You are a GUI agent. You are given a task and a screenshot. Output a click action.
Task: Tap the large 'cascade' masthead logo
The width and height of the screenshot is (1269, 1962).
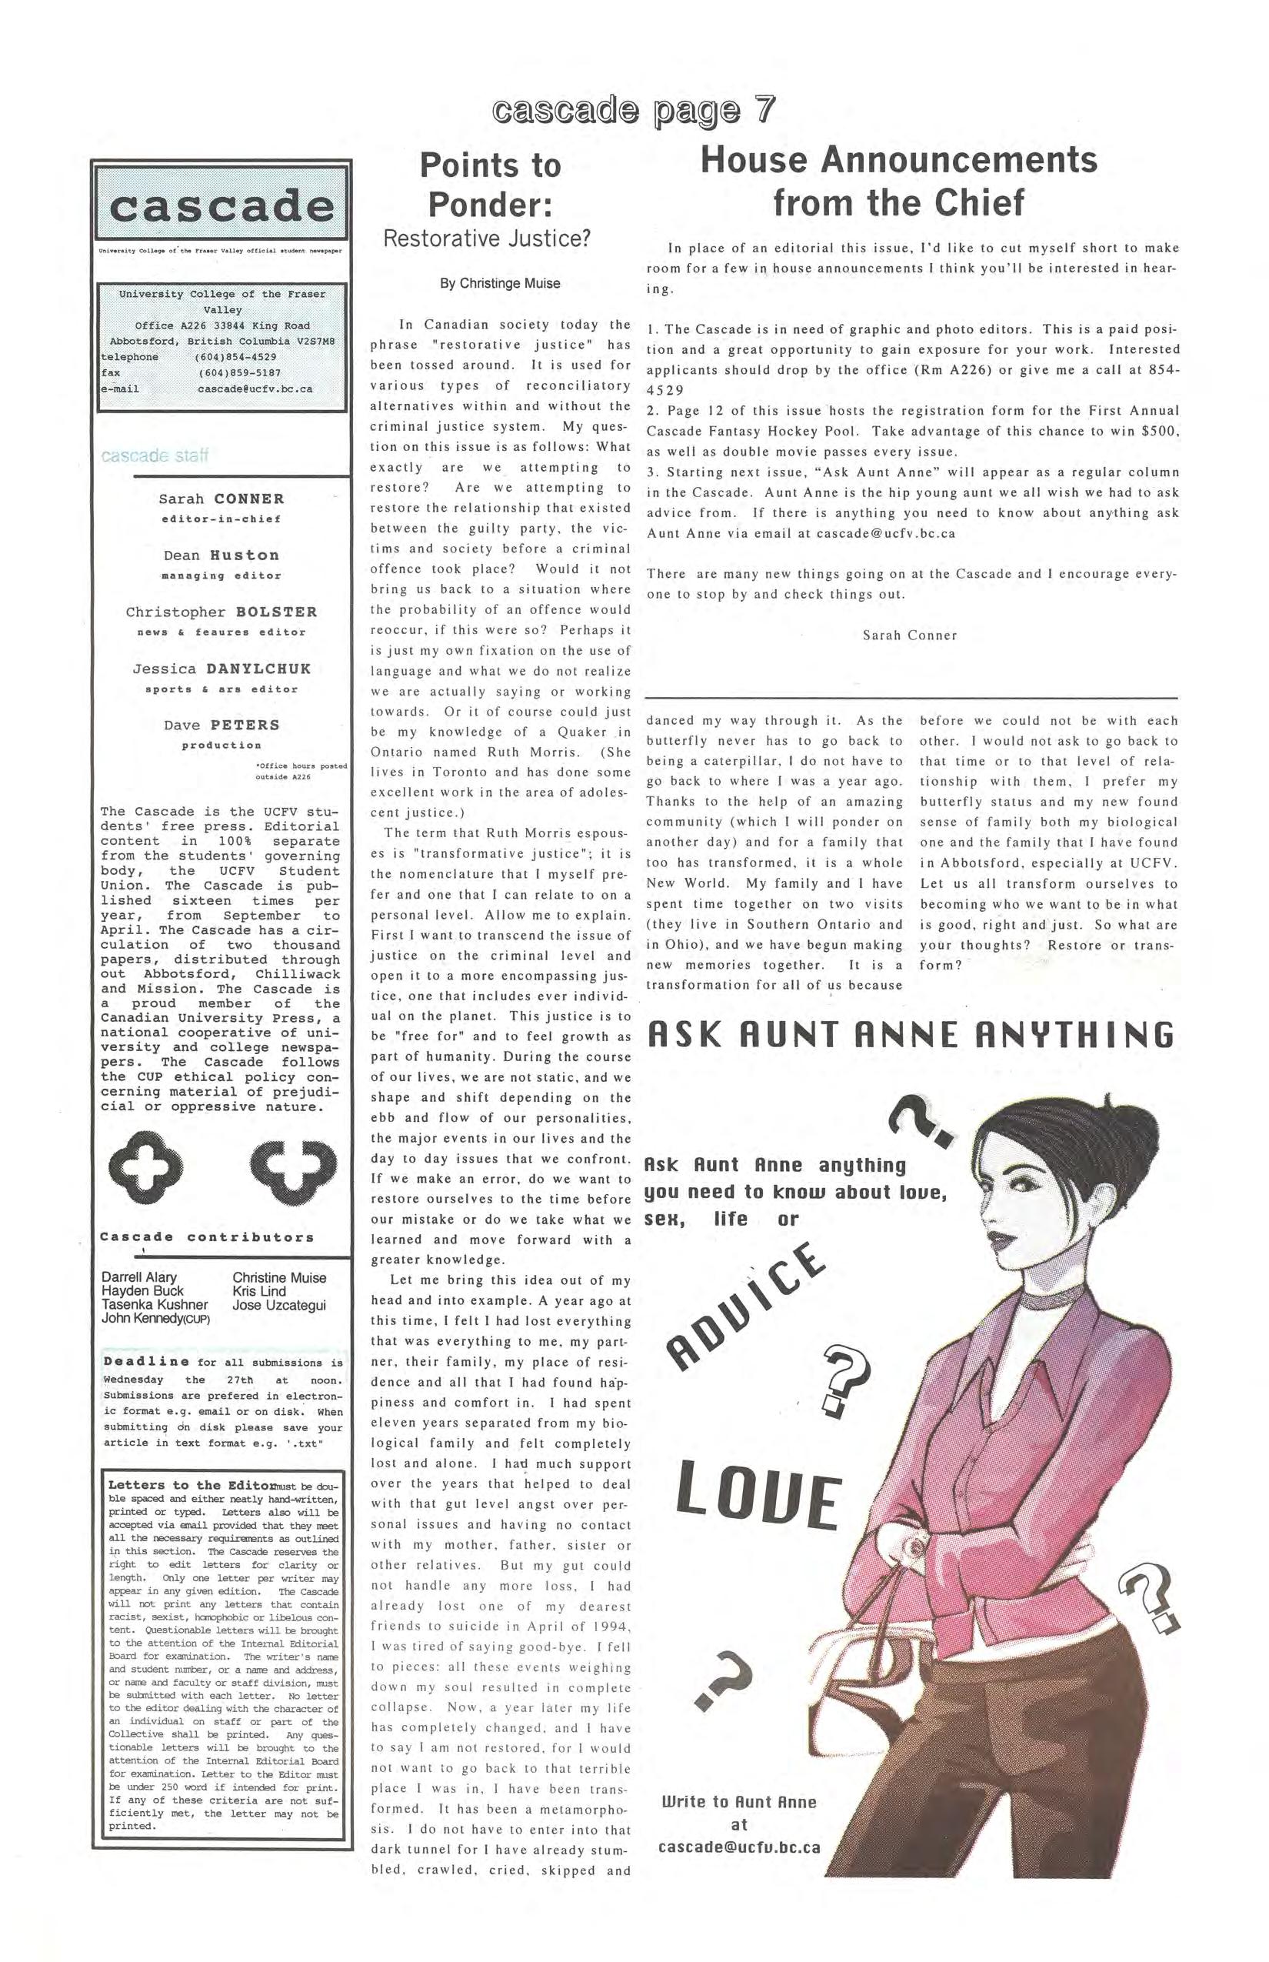point(221,205)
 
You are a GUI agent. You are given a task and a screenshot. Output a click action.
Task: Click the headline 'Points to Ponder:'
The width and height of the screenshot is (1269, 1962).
point(491,184)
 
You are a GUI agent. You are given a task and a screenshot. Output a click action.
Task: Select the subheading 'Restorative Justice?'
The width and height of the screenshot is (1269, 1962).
point(488,239)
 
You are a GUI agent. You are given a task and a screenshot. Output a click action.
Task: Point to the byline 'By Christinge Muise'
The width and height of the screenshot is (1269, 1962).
point(499,284)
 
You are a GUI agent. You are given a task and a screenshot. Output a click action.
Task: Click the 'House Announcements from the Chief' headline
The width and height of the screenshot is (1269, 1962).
point(899,181)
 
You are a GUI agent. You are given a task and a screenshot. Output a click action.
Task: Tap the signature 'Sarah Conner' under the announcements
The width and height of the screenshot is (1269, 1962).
point(910,635)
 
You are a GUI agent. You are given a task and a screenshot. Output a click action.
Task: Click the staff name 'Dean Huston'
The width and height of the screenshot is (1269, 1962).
point(221,556)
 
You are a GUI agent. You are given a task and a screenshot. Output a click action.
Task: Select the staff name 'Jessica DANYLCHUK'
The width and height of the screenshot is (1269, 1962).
point(221,669)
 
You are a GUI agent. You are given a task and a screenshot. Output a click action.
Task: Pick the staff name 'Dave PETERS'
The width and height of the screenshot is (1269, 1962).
point(221,726)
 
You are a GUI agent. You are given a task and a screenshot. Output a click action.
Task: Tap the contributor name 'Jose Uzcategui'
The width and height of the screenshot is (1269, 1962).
point(279,1305)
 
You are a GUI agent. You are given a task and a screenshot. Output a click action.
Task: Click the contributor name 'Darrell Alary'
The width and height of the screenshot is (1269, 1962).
point(139,1278)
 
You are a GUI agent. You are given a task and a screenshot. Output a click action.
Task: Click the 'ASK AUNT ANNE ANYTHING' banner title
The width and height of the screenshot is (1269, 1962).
point(910,1035)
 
